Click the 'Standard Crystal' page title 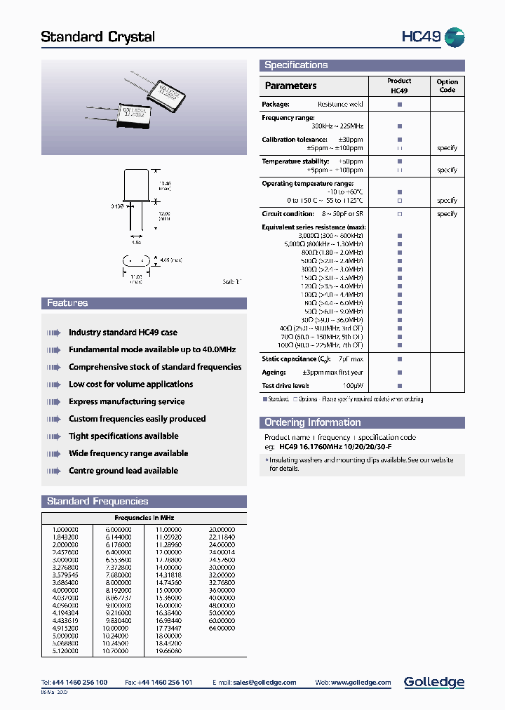[x=97, y=36]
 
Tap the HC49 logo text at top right [x=421, y=36]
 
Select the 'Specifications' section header [x=296, y=65]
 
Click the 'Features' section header [x=67, y=303]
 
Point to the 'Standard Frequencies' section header [x=97, y=502]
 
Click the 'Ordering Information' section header [x=312, y=422]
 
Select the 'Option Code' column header [x=447, y=86]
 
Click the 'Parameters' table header [x=290, y=86]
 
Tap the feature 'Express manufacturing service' [x=127, y=402]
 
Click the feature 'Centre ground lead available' [x=123, y=471]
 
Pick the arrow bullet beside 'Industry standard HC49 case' [x=54, y=333]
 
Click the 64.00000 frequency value [x=222, y=628]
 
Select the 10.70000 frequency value [x=116, y=651]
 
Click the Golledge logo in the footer [x=433, y=682]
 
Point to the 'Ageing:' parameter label [x=274, y=373]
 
